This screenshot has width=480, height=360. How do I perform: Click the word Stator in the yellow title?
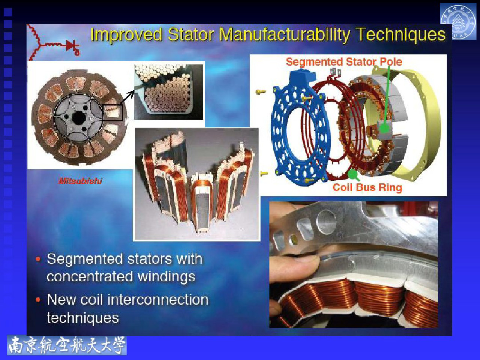(191, 34)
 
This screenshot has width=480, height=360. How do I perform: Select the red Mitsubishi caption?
(80, 181)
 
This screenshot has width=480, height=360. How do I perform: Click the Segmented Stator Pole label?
(344, 62)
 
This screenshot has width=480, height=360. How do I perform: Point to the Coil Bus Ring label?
(367, 187)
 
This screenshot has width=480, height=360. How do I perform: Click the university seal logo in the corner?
(458, 22)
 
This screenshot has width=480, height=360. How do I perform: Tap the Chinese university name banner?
(67, 345)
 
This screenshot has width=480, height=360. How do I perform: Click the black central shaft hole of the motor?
(79, 118)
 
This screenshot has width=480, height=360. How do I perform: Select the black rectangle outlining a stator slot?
(112, 112)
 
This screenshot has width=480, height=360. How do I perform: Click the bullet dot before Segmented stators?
(38, 259)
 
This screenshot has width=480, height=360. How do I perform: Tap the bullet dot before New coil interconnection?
(38, 300)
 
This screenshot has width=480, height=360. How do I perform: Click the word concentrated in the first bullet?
(90, 276)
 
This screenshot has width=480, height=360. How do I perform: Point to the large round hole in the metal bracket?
(326, 222)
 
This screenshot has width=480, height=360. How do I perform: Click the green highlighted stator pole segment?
(384, 127)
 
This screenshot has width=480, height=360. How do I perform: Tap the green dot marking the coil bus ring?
(352, 174)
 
